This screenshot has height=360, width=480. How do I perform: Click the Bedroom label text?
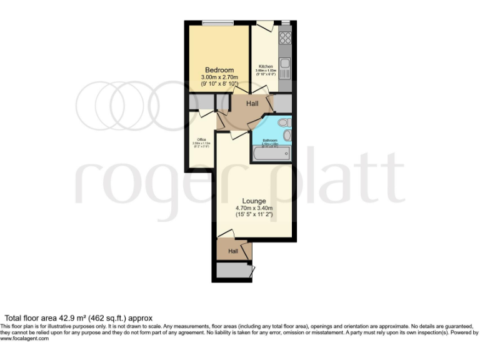pyautogui.click(x=219, y=69)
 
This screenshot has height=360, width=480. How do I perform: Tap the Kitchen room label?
pyautogui.click(x=266, y=66)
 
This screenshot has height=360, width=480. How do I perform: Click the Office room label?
pyautogui.click(x=201, y=139)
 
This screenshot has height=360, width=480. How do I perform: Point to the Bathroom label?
pyautogui.click(x=269, y=140)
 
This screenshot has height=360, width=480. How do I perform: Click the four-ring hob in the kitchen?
pyautogui.click(x=285, y=37)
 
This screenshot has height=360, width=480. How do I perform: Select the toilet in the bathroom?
pyautogui.click(x=282, y=122)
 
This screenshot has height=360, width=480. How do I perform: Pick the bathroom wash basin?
pyautogui.click(x=287, y=135)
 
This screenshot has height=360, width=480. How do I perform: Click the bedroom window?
pyautogui.click(x=217, y=24)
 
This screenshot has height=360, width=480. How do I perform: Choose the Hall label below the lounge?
pyautogui.click(x=233, y=251)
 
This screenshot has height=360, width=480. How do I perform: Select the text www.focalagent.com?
pyautogui.click(x=24, y=339)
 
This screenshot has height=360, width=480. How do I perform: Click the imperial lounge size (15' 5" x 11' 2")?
pyautogui.click(x=254, y=215)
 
